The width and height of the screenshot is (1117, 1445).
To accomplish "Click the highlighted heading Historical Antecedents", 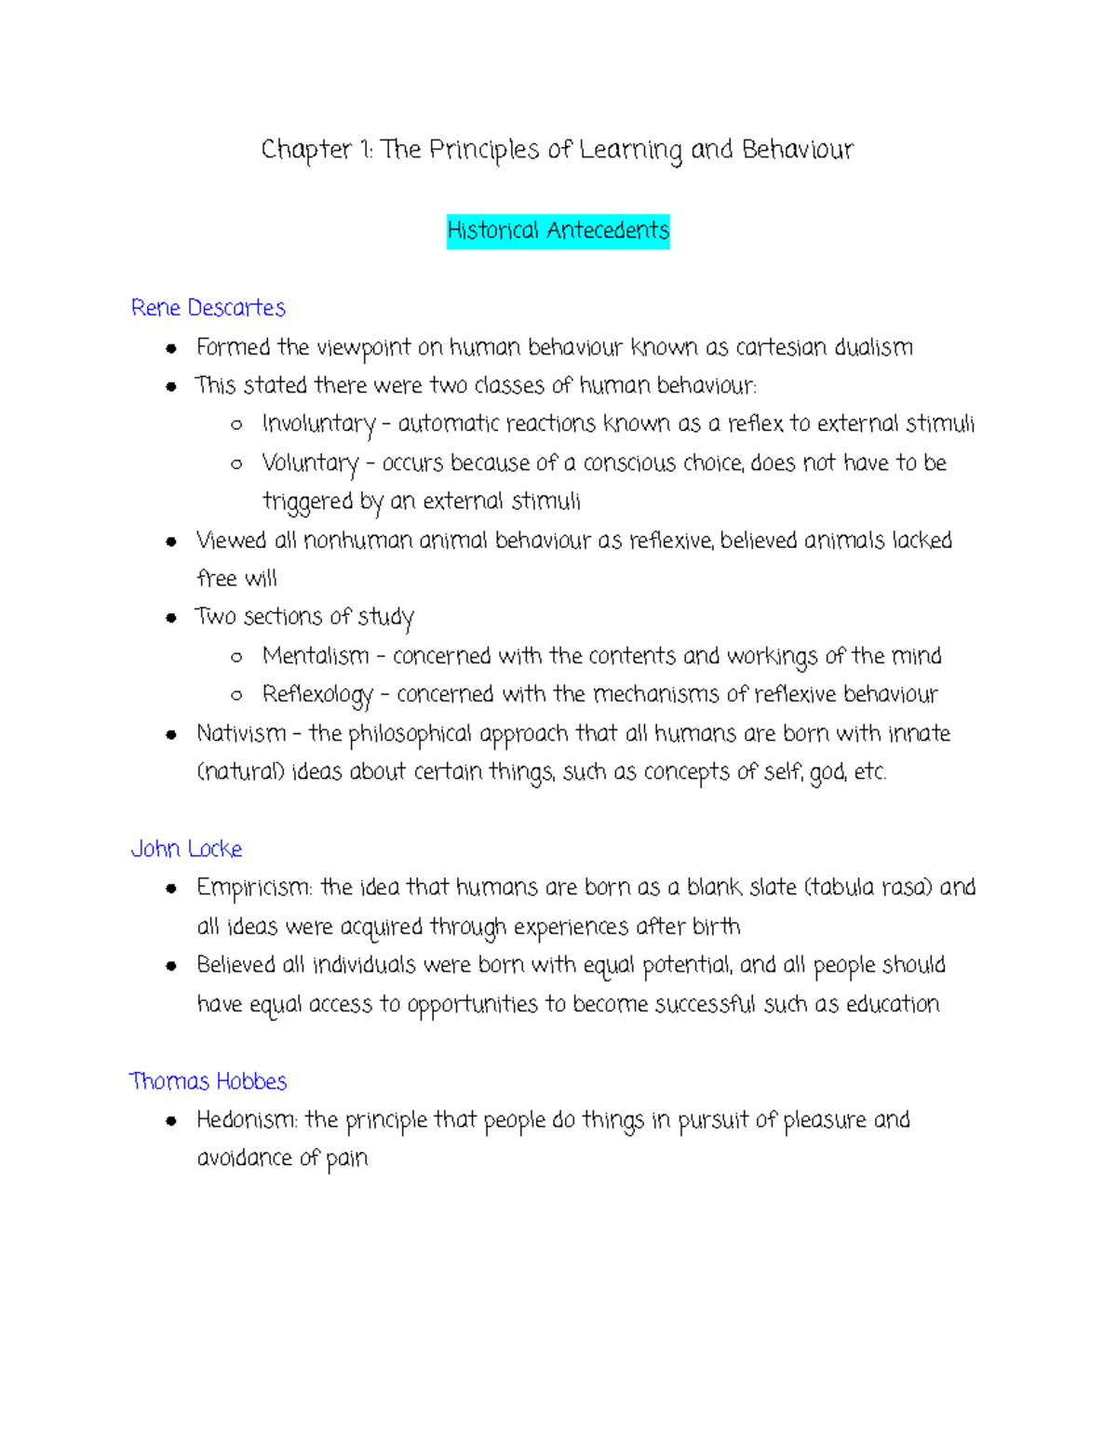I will [x=558, y=231].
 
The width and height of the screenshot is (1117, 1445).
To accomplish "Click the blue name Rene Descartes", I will [x=208, y=308].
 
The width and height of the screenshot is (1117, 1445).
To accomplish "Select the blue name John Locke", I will [x=186, y=849].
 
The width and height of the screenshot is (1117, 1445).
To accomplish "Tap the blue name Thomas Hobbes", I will [x=208, y=1081].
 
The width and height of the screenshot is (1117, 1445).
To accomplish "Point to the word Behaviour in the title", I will [x=798, y=150].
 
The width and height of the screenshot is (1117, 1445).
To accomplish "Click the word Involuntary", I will [x=318, y=425].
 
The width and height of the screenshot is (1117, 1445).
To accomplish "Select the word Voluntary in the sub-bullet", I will [x=310, y=463].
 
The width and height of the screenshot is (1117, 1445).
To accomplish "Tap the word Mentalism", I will [x=316, y=656].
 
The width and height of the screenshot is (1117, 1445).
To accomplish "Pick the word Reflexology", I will [x=317, y=695].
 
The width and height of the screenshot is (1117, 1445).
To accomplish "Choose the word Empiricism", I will [x=254, y=889].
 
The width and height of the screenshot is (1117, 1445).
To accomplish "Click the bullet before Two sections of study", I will [x=171, y=618].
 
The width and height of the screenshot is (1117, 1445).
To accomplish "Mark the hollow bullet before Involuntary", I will [x=236, y=425].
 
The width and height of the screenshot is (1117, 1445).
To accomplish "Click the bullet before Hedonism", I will [x=171, y=1121].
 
